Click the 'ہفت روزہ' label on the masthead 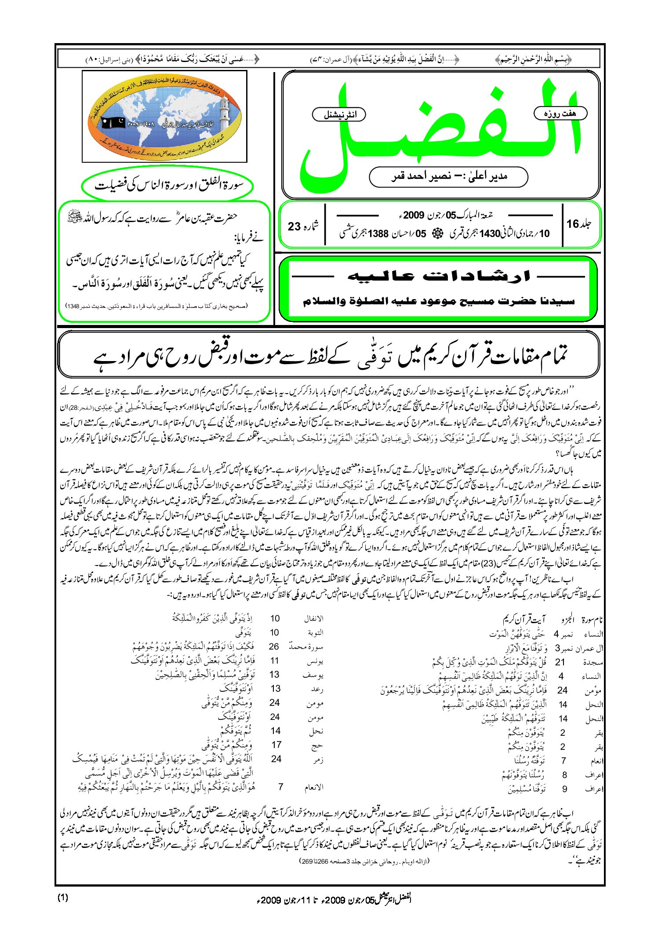click(x=560, y=113)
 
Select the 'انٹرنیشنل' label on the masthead click(x=339, y=115)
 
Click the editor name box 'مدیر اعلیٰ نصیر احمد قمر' click(x=448, y=176)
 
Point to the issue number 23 click(x=294, y=226)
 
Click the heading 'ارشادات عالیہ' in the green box click(x=438, y=277)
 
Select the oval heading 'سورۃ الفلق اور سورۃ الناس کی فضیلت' click(x=168, y=185)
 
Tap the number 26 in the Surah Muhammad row click(x=274, y=646)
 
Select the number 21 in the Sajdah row click(x=560, y=662)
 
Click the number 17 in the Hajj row click(x=276, y=745)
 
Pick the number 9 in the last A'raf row click(x=565, y=789)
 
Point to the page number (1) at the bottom click(x=63, y=898)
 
